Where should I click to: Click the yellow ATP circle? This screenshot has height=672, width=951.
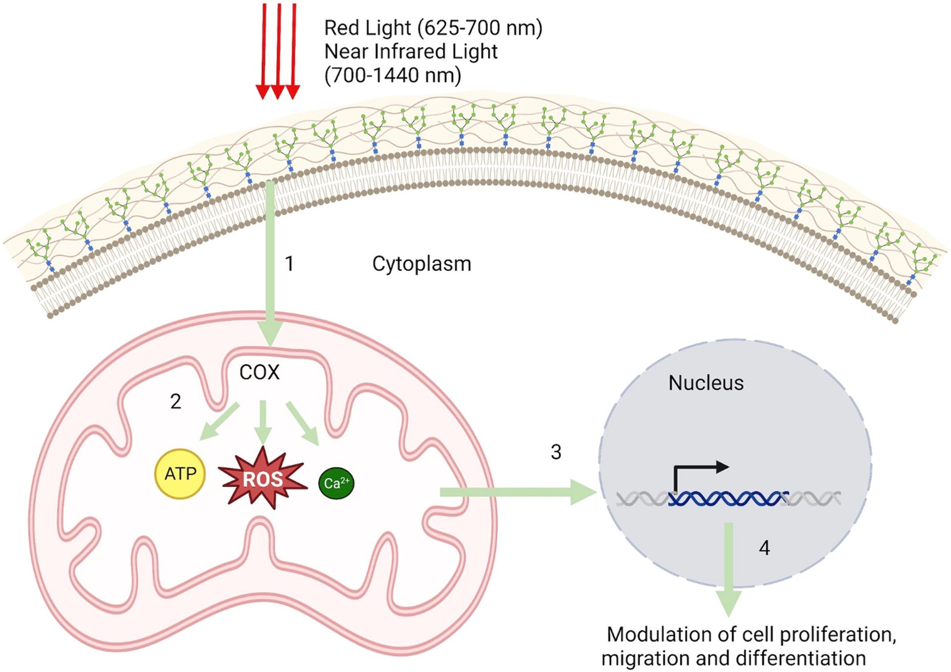point(180,474)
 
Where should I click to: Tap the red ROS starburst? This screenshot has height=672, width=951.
point(263,479)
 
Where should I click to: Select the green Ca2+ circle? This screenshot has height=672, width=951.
point(336,483)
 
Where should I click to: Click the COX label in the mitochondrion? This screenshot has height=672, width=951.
point(260,372)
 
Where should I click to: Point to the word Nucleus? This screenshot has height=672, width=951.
point(706,383)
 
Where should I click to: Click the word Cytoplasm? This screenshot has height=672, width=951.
point(422,264)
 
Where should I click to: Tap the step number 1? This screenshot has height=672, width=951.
point(290,264)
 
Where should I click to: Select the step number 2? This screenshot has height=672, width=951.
point(175,401)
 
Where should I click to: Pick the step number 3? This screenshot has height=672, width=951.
point(556,452)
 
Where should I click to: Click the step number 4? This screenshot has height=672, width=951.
point(764,548)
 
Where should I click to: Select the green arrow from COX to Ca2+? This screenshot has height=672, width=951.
point(302,423)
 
